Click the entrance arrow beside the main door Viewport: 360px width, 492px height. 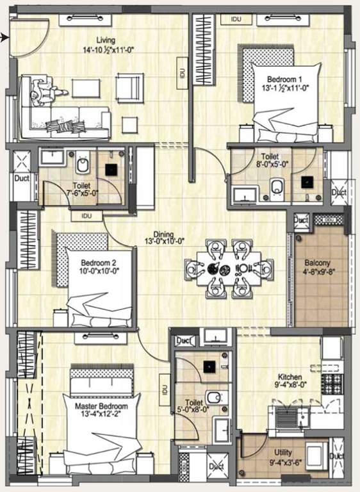point(5,38)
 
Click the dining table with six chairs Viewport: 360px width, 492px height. point(228,268)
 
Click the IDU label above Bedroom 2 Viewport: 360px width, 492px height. point(86,216)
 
